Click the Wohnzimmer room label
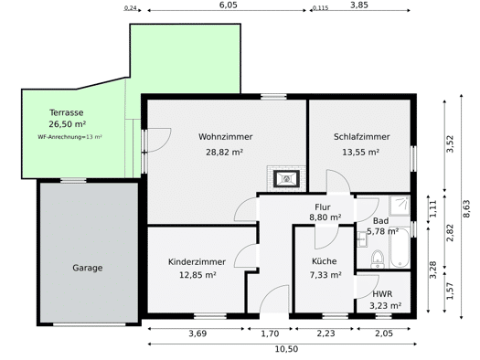pyautogui.click(x=225, y=137)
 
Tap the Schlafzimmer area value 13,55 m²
pyautogui.click(x=361, y=152)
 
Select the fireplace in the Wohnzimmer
pyautogui.click(x=286, y=178)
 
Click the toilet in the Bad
pyautogui.click(x=378, y=259)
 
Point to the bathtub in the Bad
pyautogui.click(x=400, y=248)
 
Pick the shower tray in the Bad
pyautogui.click(x=400, y=206)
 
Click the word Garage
pyautogui.click(x=88, y=268)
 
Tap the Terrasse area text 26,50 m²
pyautogui.click(x=67, y=124)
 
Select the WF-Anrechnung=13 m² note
pyautogui.click(x=69, y=137)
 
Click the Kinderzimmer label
pyautogui.click(x=197, y=262)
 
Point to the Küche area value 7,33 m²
pyautogui.click(x=325, y=275)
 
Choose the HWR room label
pyautogui.click(x=382, y=294)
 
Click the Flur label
pyautogui.click(x=323, y=207)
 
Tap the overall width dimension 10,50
pyautogui.click(x=286, y=349)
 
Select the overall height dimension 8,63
pyautogui.click(x=466, y=208)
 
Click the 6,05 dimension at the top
pyautogui.click(x=229, y=5)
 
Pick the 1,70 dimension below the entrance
pyautogui.click(x=270, y=334)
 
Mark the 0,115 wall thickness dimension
pyautogui.click(x=320, y=8)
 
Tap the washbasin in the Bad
pyautogui.click(x=362, y=239)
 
